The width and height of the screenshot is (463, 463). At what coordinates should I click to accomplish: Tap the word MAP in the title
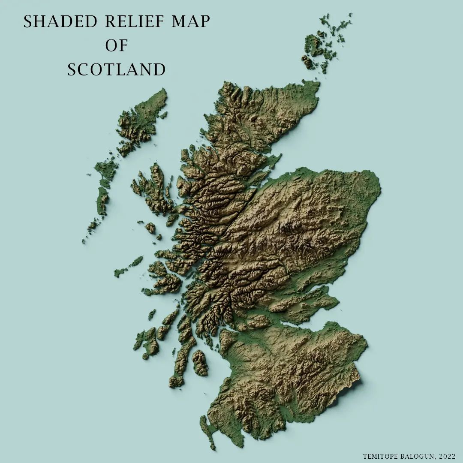191,22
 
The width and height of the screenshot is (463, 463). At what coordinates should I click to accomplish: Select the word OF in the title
117,45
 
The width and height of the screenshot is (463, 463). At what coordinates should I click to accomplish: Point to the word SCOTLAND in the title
117,69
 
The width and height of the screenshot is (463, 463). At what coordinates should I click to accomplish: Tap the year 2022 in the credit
447,456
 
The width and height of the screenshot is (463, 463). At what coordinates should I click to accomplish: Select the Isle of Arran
200,362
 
